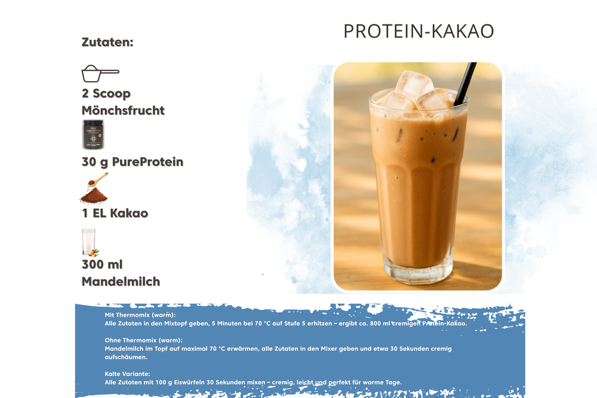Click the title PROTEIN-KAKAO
pyautogui.click(x=418, y=31)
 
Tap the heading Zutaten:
pyautogui.click(x=107, y=42)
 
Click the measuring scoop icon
pyautogui.click(x=100, y=73)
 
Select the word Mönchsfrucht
pyautogui.click(x=123, y=110)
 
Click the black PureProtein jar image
pyautogui.click(x=93, y=135)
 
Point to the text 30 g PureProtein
pyautogui.click(x=133, y=162)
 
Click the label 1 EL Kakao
pyautogui.click(x=115, y=213)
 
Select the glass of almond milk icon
pyautogui.click(x=90, y=242)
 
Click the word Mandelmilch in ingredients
pyautogui.click(x=121, y=282)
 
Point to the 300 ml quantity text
pyautogui.click(x=102, y=264)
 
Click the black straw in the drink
pyautogui.click(x=465, y=84)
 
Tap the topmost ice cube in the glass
pyautogui.click(x=414, y=86)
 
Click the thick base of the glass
pyautogui.click(x=418, y=271)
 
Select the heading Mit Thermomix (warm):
pyautogui.click(x=140, y=315)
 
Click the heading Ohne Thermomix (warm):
pyautogui.click(x=143, y=340)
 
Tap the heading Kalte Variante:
pyautogui.click(x=128, y=374)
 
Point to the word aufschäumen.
pyautogui.click(x=126, y=357)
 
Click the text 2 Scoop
pyautogui.click(x=106, y=94)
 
